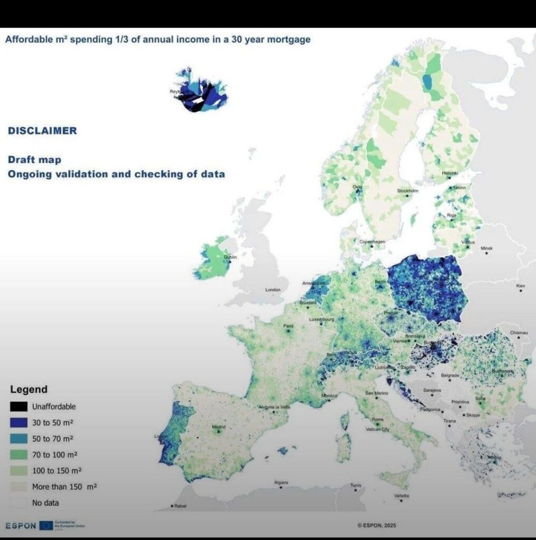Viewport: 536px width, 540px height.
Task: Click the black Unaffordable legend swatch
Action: click(19, 407)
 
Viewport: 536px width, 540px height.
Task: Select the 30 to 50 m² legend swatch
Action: click(19, 422)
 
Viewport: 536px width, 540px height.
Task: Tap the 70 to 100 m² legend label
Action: click(52, 455)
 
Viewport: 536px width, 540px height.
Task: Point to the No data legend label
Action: click(45, 503)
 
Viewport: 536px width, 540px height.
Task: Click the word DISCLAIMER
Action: click(42, 131)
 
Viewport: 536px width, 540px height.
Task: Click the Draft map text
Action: click(34, 159)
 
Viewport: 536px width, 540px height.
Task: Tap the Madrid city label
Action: click(219, 427)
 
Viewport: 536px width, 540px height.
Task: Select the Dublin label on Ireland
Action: click(231, 257)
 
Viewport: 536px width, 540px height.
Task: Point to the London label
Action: click(273, 290)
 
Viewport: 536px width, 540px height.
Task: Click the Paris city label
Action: click(288, 326)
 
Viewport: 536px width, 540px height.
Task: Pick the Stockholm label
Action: click(407, 191)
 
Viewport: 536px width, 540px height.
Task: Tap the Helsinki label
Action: click(450, 173)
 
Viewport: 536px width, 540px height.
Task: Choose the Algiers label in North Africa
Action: click(281, 483)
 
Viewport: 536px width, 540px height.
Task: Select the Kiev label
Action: click(521, 285)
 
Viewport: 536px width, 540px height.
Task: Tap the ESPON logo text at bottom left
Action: click(21, 526)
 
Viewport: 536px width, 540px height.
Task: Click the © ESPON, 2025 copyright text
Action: click(376, 525)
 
